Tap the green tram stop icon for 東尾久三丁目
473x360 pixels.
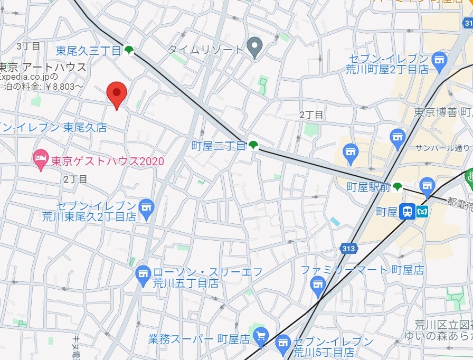pos(129,51)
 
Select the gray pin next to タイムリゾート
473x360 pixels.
pos(255,48)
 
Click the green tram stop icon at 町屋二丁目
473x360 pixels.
pos(254,145)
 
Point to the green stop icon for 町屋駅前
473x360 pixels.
pos(398,186)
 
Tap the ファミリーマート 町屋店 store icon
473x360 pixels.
pos(317,287)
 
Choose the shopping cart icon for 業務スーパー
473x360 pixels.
pos(260,336)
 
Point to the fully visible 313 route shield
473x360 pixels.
pos(349,247)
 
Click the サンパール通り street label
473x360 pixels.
pos(442,148)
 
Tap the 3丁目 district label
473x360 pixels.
pos(28,46)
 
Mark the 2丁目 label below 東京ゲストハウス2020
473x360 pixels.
pos(75,179)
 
